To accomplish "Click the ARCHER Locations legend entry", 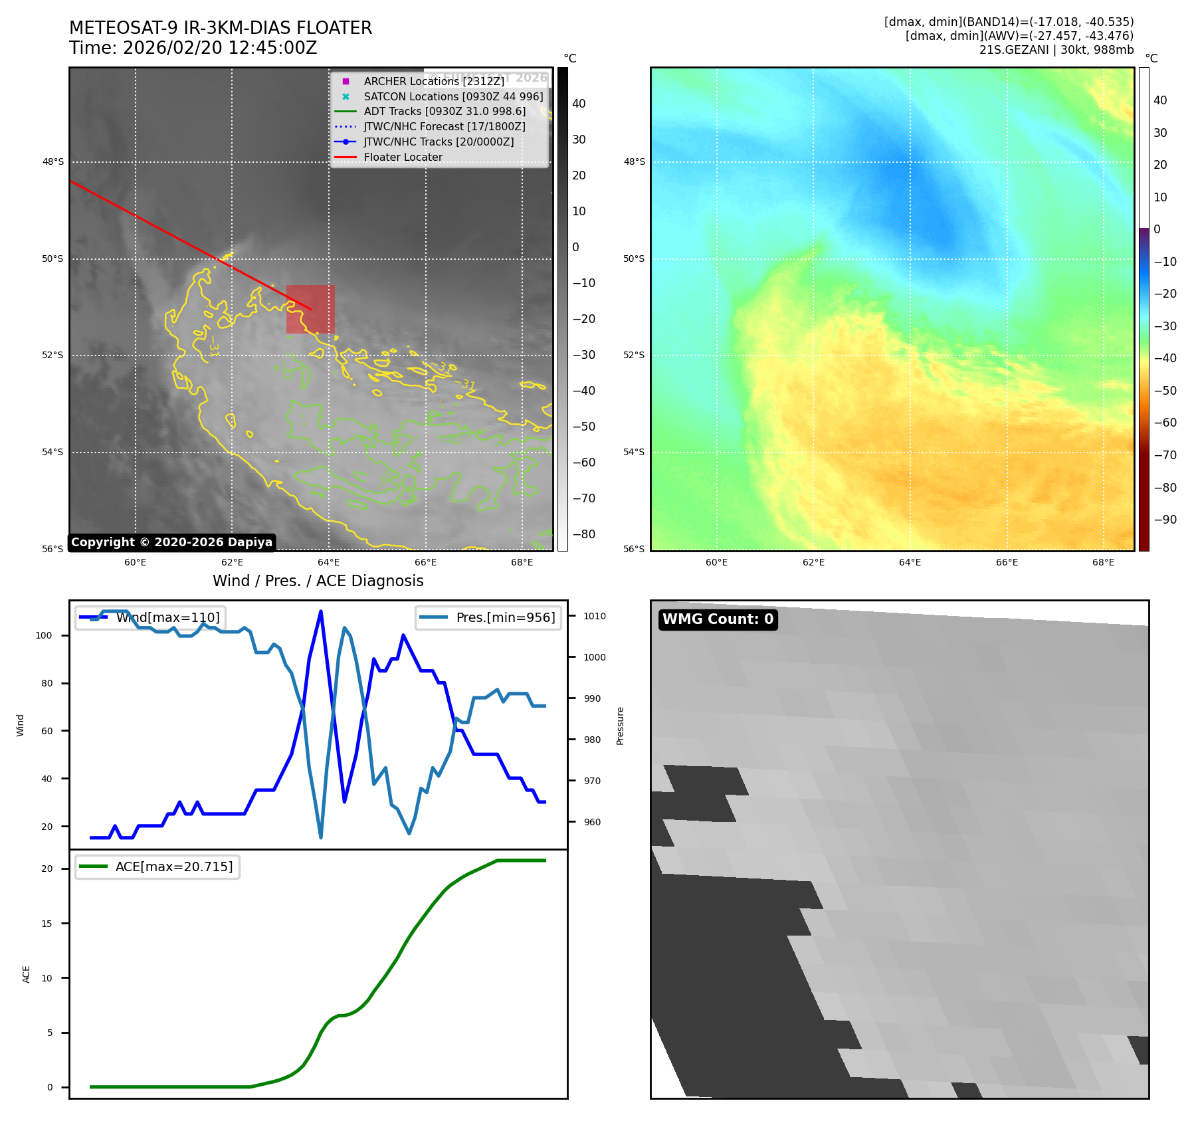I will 434,81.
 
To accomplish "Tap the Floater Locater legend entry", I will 403,157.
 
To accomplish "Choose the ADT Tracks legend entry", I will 445,112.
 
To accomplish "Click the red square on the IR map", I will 310,309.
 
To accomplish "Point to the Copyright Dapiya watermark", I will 171,542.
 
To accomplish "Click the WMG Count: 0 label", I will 718,619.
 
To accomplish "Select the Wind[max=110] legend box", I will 151,617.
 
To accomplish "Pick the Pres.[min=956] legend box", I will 488,617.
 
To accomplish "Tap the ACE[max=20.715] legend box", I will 157,867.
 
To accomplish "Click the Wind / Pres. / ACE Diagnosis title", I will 318,581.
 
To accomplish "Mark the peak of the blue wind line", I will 321,611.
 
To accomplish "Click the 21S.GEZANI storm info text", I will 1056,50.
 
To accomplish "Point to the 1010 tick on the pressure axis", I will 595,616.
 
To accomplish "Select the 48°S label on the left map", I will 53,162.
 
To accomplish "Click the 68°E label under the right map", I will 1103,562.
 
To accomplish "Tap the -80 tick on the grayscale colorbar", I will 583,534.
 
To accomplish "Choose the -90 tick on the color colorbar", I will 1165,520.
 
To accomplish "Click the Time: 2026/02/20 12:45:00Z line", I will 193,48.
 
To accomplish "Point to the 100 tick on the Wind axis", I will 44,635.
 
